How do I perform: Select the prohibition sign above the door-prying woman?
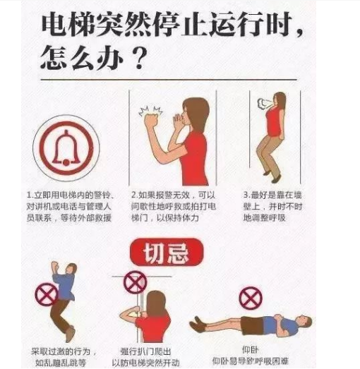pos(135,282)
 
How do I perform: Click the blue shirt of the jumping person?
pos(65,286)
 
